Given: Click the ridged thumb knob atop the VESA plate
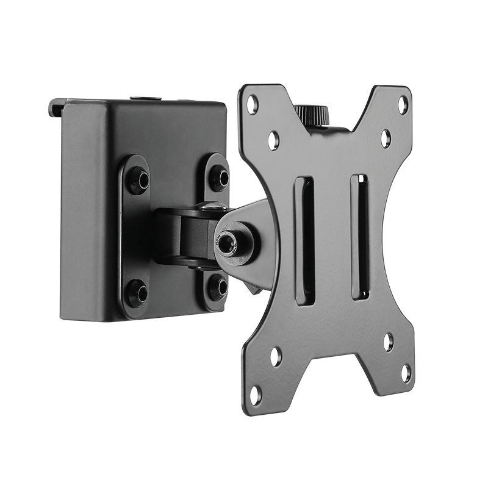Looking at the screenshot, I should (312, 113).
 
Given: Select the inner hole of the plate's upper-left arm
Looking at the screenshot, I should (274, 138).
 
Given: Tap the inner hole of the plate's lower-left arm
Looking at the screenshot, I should (276, 352).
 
